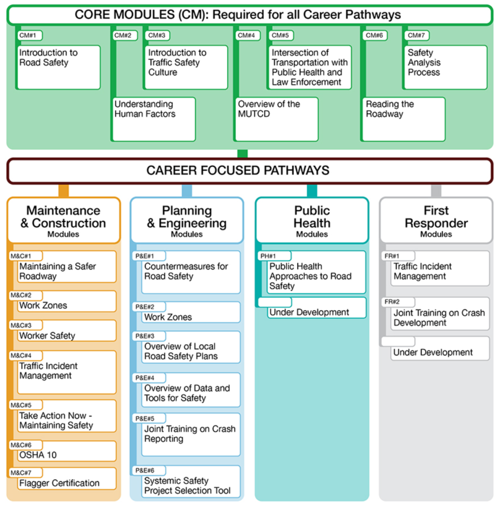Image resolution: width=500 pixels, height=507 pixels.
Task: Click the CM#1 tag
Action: point(30,36)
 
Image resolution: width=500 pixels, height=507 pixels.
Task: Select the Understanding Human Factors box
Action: point(153,119)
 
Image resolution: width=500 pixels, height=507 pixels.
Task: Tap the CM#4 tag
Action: point(247,36)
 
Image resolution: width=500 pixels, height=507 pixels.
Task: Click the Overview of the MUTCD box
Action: point(276,119)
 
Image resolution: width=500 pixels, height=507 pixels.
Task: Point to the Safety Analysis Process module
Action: point(445,67)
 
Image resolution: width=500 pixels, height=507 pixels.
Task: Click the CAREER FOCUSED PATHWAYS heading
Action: point(250,171)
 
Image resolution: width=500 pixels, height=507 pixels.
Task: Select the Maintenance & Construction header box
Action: point(63,220)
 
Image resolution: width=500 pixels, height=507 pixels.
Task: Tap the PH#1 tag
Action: point(273,256)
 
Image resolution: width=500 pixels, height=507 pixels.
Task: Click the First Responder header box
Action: point(436,220)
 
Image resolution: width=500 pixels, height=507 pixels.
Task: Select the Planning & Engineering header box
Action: point(187,220)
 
